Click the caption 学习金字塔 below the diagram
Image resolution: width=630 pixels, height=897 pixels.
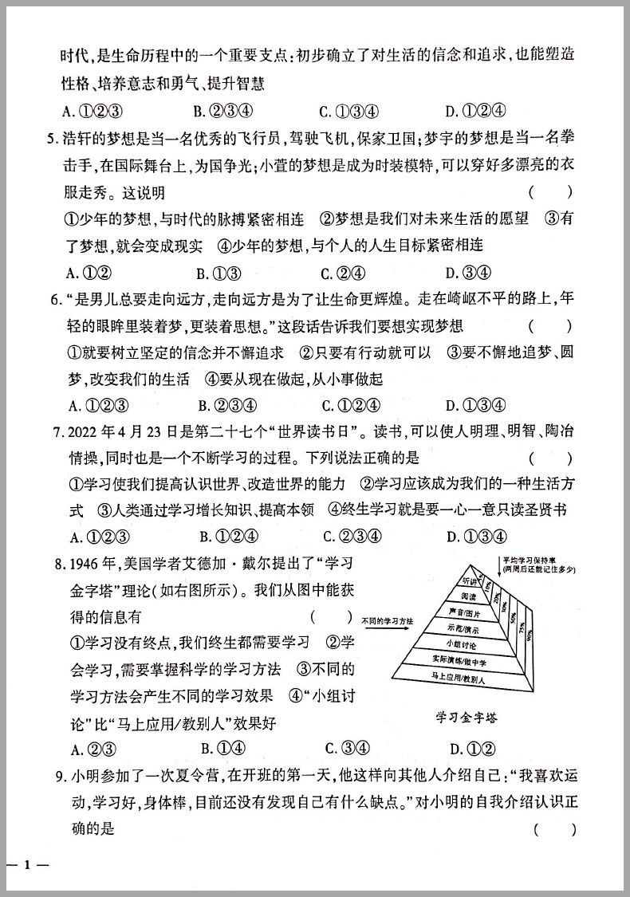coord(466,717)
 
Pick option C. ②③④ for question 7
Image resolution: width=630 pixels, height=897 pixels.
coord(352,537)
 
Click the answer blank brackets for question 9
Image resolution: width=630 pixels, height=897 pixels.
coord(554,829)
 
